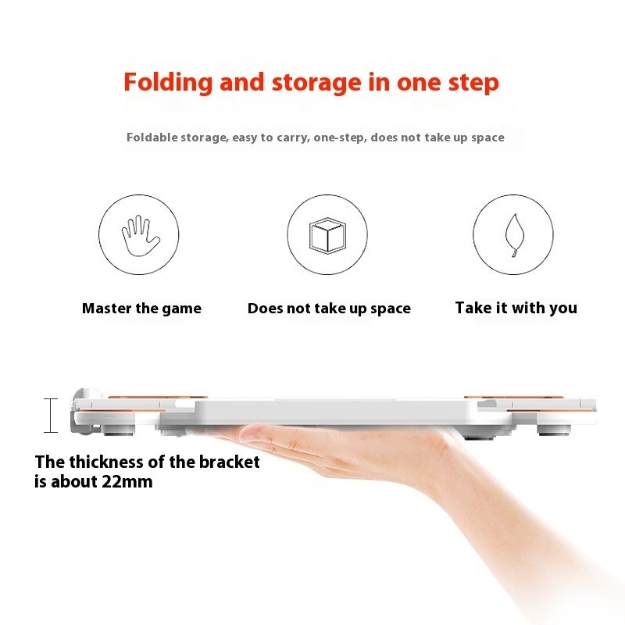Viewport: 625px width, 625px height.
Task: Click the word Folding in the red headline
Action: [168, 83]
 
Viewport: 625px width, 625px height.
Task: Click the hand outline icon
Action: [140, 236]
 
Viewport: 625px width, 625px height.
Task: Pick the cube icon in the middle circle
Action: [327, 235]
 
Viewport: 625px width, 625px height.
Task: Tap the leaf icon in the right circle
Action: [514, 235]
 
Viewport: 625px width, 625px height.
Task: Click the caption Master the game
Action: [141, 309]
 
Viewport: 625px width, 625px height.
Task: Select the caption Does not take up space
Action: [329, 309]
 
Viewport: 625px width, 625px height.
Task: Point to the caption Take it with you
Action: [516, 308]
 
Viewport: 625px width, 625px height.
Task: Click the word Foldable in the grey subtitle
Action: [152, 137]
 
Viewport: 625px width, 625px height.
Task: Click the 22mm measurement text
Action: [127, 481]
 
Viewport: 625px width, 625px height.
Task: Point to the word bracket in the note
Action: [229, 462]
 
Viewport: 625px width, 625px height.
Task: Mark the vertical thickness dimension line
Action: [51, 416]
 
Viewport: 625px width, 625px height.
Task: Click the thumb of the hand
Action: [255, 434]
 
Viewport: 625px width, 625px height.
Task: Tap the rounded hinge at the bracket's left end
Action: [82, 411]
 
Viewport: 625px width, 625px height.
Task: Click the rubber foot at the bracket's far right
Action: [553, 430]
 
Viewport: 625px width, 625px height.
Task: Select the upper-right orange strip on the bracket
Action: [513, 398]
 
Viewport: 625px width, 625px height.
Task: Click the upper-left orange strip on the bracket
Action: [157, 398]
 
